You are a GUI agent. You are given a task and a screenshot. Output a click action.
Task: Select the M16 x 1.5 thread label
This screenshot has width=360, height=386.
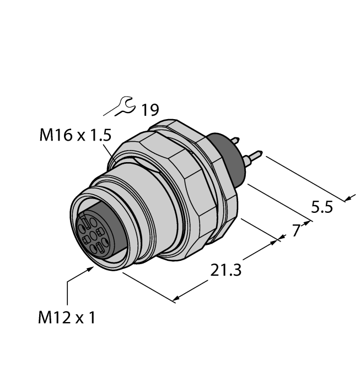click(x=77, y=135)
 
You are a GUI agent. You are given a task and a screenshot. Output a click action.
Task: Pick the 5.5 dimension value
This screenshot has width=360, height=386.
click(x=322, y=208)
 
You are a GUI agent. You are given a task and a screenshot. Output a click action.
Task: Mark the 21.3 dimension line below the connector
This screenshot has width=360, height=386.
click(x=149, y=286)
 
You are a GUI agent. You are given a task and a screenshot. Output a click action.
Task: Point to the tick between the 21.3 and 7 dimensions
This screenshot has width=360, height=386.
click(x=279, y=238)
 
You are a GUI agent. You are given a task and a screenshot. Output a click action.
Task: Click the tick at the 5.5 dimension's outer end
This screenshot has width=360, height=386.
click(x=348, y=198)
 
